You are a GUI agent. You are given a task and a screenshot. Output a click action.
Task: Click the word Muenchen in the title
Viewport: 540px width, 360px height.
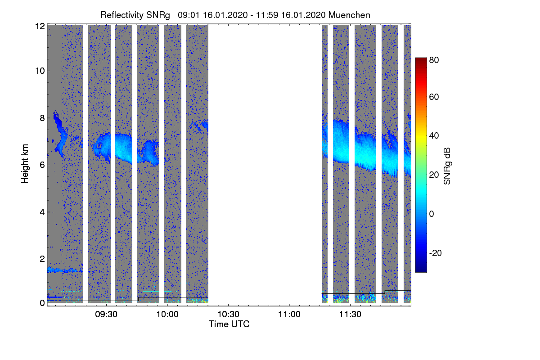pyautogui.click(x=349, y=15)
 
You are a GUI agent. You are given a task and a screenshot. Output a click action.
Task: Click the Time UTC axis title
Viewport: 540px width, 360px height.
pyautogui.click(x=229, y=324)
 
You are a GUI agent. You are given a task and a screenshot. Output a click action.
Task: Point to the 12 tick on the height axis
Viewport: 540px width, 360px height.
pyautogui.click(x=40, y=26)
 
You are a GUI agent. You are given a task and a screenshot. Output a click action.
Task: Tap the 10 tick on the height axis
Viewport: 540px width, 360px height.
pyautogui.click(x=40, y=71)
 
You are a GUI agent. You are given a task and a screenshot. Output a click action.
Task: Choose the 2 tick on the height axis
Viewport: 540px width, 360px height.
pyautogui.click(x=42, y=259)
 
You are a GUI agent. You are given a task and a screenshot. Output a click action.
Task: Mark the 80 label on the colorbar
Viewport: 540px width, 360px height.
pyautogui.click(x=434, y=59)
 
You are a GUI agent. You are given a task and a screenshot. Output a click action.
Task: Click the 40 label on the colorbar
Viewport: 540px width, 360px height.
pyautogui.click(x=434, y=136)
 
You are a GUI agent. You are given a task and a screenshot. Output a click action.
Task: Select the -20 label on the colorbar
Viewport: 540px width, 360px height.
pyautogui.click(x=435, y=253)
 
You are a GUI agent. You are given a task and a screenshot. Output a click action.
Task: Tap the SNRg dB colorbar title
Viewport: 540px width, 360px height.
pyautogui.click(x=447, y=165)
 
